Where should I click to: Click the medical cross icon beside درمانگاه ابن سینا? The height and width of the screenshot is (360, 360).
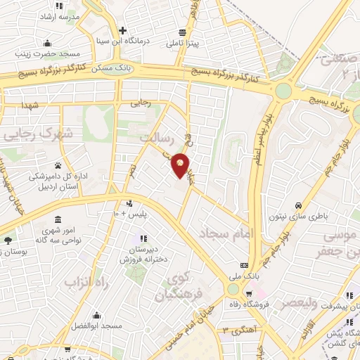pyautogui.click(x=123, y=30)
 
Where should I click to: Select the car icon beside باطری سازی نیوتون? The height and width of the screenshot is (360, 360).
pyautogui.click(x=299, y=205)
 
